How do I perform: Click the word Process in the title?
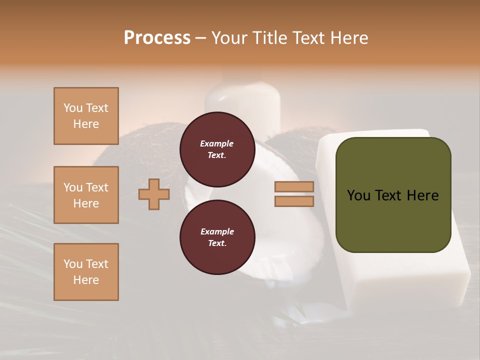[x=157, y=38]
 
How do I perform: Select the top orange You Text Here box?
[x=86, y=116]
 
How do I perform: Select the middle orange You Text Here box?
[x=86, y=195]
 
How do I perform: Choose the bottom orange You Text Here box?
[x=86, y=272]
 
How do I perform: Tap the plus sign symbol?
[x=154, y=194]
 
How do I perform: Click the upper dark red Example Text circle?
[x=217, y=149]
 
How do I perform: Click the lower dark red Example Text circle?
[x=217, y=237]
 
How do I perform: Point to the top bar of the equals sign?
[x=294, y=187]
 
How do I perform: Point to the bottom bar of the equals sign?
[x=294, y=201]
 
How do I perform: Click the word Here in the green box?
[x=422, y=195]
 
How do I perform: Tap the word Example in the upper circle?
[x=217, y=143]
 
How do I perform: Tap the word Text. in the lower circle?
[x=217, y=243]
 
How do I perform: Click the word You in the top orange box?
[x=72, y=108]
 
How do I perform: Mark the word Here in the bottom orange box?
[x=86, y=280]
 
